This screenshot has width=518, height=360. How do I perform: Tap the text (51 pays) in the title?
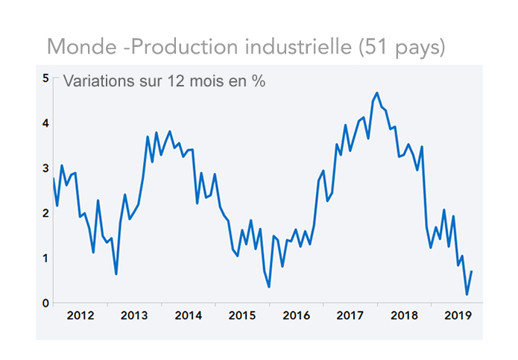[402, 48]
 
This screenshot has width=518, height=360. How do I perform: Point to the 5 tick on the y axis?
[45, 78]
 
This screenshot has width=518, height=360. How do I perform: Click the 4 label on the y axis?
[45, 123]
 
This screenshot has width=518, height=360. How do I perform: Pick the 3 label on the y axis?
[45, 168]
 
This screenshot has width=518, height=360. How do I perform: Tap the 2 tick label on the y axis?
[45, 213]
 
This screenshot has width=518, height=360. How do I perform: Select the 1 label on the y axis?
[45, 258]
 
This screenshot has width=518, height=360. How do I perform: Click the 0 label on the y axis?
[45, 303]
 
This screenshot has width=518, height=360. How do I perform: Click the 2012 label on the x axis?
[80, 315]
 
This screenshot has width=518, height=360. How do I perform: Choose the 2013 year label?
[134, 315]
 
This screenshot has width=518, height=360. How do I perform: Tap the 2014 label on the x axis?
[188, 315]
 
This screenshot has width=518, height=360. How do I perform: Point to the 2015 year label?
[242, 315]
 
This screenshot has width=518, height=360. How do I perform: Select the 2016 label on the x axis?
[296, 315]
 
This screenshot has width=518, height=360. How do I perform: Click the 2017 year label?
[350, 315]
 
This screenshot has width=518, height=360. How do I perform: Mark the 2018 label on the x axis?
[403, 315]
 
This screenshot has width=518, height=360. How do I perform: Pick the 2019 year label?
[457, 315]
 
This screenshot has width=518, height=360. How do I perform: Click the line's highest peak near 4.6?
[377, 93]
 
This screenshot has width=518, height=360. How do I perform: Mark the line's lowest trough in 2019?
[467, 294]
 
